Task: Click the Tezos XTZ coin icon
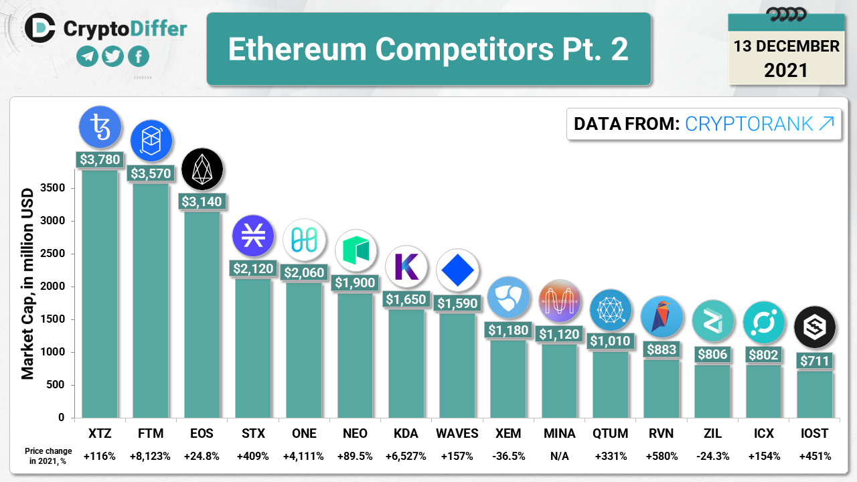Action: (x=100, y=127)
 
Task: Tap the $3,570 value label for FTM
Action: (x=151, y=174)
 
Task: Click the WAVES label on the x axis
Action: (x=457, y=434)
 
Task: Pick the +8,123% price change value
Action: (x=151, y=457)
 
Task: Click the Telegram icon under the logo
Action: (x=88, y=57)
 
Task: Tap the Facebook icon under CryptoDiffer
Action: (x=138, y=57)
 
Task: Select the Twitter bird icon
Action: (x=112, y=57)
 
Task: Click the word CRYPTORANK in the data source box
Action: (x=749, y=124)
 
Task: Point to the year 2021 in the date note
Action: (x=786, y=70)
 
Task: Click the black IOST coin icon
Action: (x=814, y=327)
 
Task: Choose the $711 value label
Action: (x=814, y=361)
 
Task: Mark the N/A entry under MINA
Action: (x=559, y=457)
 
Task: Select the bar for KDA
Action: (x=406, y=362)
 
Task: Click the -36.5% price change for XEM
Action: (x=508, y=457)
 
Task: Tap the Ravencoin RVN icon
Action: (x=661, y=317)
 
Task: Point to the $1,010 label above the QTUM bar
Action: (x=611, y=341)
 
